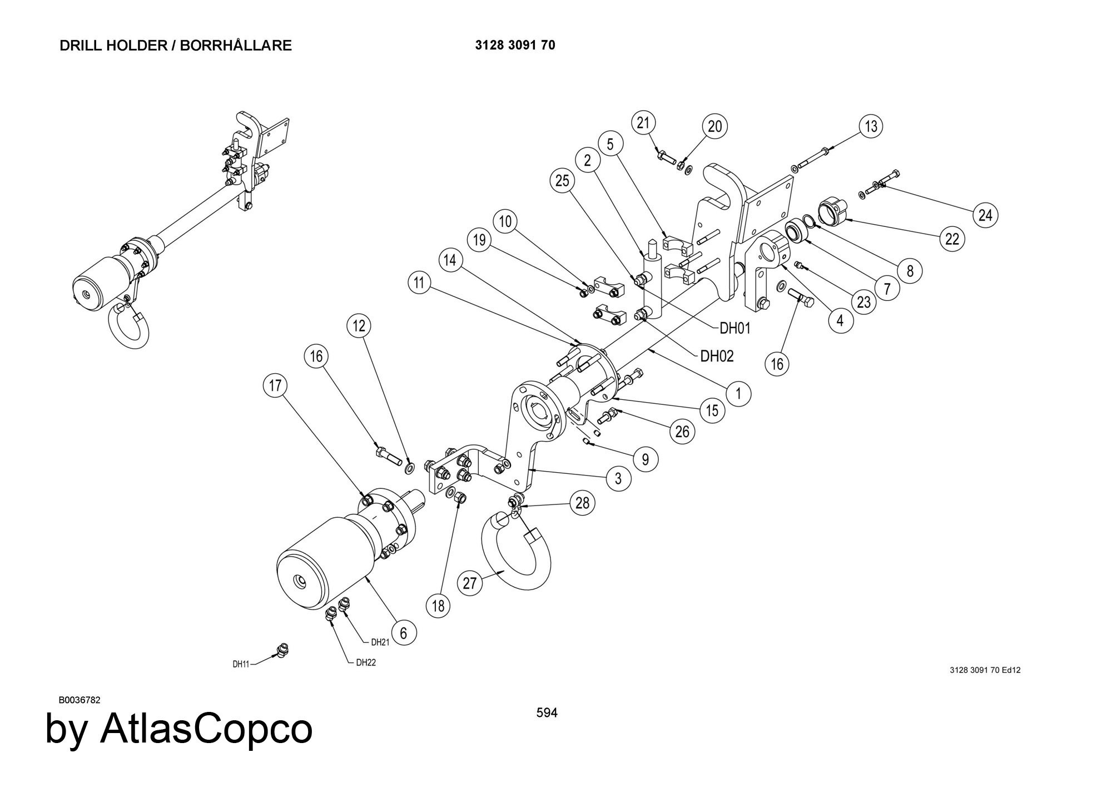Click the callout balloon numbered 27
(x=470, y=583)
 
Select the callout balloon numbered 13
(x=871, y=127)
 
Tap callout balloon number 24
(x=985, y=215)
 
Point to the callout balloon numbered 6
(x=403, y=633)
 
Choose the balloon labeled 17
(x=276, y=386)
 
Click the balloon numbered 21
(x=643, y=123)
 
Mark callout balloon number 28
(x=582, y=503)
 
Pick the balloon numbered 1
(x=738, y=394)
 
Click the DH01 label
(x=734, y=329)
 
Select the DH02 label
(x=717, y=356)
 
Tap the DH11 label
(x=241, y=664)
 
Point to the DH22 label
(x=366, y=662)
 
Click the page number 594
(x=547, y=712)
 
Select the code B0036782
(x=80, y=700)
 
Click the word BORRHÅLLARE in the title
(x=236, y=46)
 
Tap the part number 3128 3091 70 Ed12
(x=985, y=670)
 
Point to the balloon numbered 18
(x=438, y=606)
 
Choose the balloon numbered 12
(x=359, y=326)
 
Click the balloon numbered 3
(x=618, y=478)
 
